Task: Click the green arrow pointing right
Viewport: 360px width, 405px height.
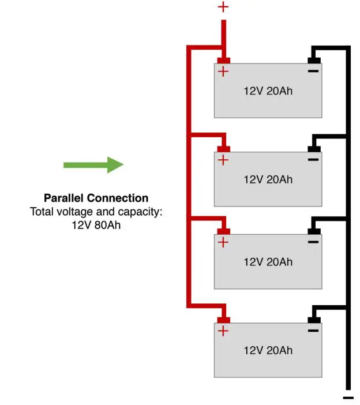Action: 93,165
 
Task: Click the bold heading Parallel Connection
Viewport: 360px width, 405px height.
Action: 96,198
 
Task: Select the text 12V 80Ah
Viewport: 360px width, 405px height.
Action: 96,224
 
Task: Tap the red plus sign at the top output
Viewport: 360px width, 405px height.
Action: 223,7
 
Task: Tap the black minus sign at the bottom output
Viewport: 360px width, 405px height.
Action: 348,397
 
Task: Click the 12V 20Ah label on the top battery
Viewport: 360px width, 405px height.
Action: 268,91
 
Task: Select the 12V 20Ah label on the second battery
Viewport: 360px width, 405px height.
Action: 268,179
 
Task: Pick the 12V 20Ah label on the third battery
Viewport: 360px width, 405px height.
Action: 268,261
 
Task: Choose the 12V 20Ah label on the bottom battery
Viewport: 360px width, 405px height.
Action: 268,350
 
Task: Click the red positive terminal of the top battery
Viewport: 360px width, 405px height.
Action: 223,61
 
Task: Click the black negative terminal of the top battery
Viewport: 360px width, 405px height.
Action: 313,60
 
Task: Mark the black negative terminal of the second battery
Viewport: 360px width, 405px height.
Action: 313,148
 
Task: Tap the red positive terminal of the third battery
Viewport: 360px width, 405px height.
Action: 223,231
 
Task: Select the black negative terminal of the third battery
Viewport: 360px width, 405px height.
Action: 313,231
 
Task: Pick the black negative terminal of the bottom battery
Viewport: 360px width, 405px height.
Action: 313,319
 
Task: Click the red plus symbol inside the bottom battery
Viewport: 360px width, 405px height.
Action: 223,331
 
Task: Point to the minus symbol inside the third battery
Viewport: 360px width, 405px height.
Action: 313,242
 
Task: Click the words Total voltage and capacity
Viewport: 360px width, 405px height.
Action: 96,212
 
